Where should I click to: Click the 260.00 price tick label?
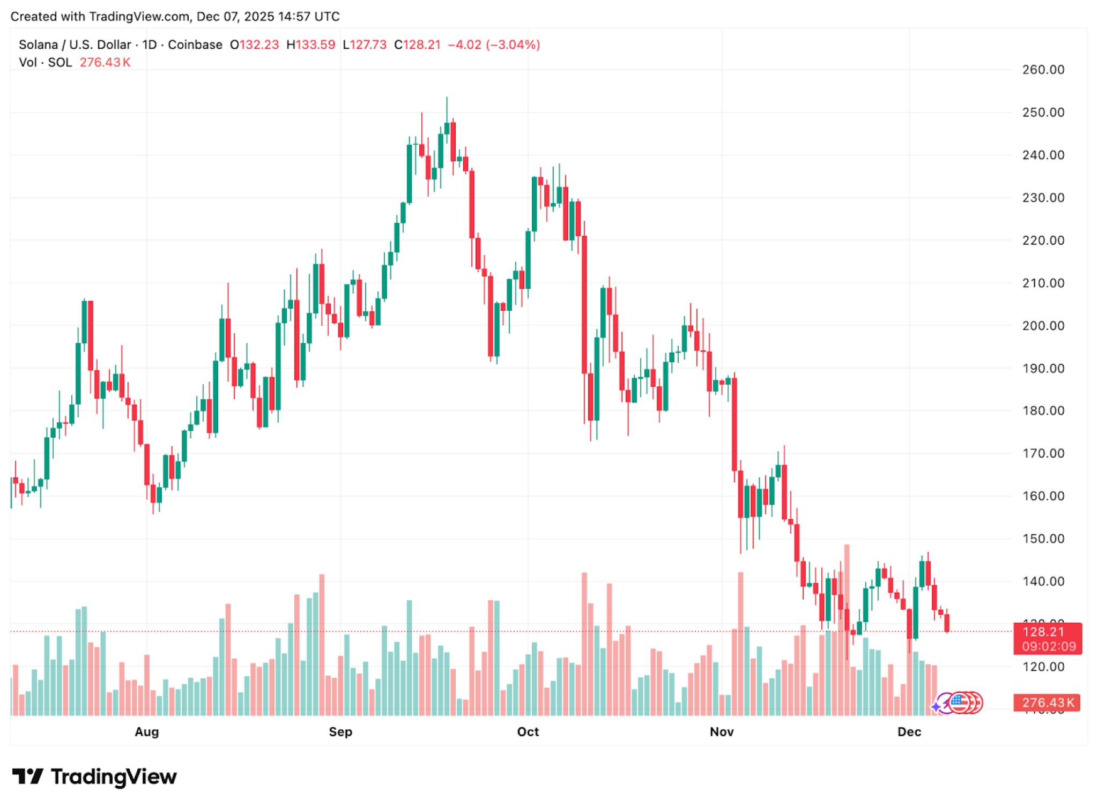pos(1043,70)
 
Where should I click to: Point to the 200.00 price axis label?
pos(1043,326)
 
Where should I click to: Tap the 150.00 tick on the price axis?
pos(1043,538)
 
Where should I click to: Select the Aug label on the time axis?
pos(146,732)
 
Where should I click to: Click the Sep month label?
pos(340,732)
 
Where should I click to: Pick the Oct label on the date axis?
pos(528,732)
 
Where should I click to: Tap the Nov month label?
pos(722,732)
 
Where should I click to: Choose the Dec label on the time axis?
pos(909,732)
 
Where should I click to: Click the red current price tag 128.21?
pos(1048,632)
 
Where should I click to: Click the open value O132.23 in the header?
pos(255,44)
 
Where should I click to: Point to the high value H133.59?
pos(311,44)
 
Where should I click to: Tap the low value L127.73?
pos(365,44)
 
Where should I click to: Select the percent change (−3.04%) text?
pos(513,44)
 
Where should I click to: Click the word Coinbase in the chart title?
pos(195,44)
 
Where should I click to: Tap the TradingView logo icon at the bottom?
pos(28,776)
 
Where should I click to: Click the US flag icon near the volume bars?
pos(959,702)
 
